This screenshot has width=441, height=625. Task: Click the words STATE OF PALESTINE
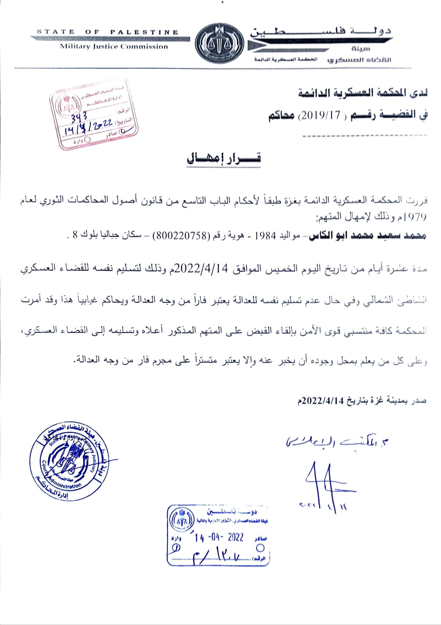click(x=107, y=32)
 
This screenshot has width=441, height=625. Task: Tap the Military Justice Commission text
click(x=114, y=47)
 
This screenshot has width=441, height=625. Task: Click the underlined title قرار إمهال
click(x=224, y=159)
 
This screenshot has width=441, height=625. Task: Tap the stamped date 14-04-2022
click(x=219, y=537)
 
